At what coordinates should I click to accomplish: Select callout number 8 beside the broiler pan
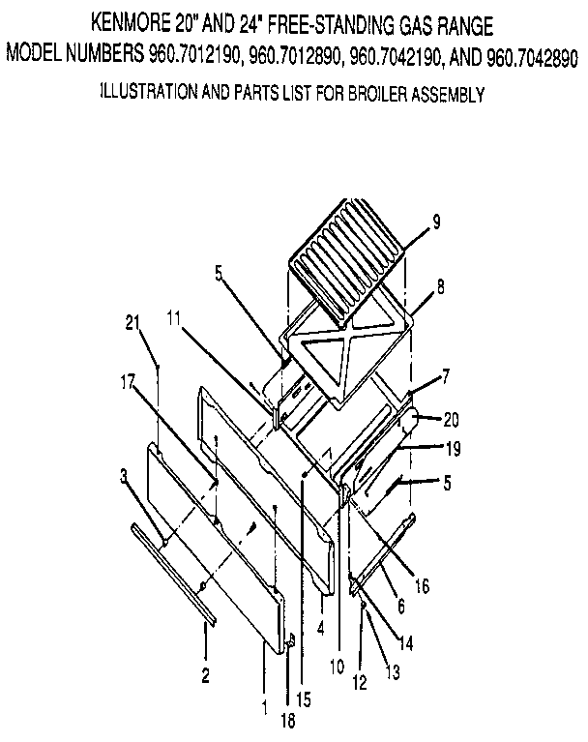point(440,286)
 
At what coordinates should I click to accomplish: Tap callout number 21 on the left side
point(133,323)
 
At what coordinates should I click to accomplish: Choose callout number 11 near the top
point(174,316)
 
